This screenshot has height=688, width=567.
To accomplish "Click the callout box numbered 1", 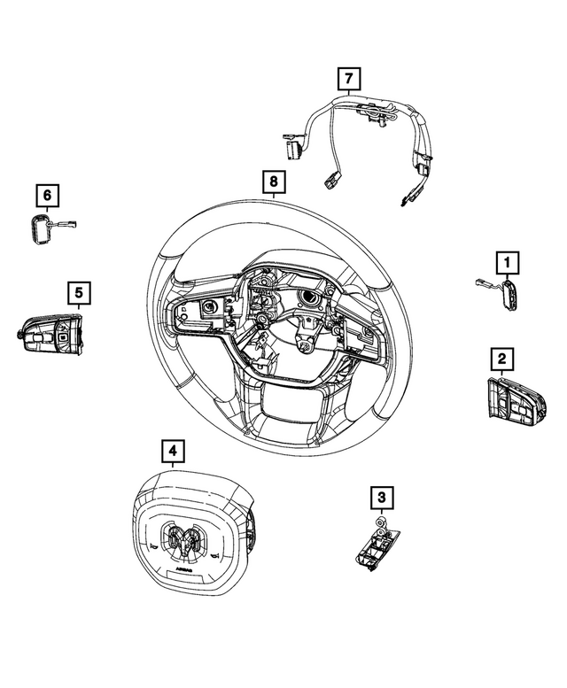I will [x=508, y=262].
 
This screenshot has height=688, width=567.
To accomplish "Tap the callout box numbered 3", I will [x=381, y=499].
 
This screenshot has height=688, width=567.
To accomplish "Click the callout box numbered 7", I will [x=349, y=79].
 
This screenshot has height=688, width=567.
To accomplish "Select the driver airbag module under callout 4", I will [x=187, y=531].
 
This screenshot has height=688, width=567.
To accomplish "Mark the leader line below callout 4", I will [x=173, y=468].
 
